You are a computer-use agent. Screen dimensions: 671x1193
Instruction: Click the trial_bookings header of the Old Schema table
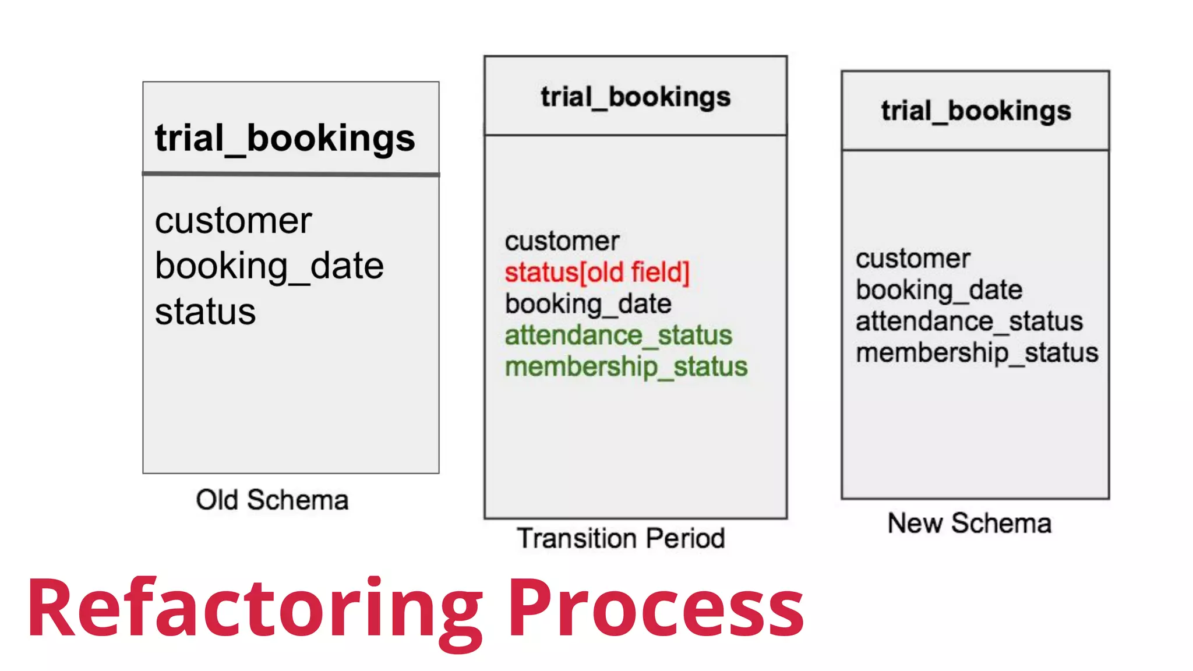(x=285, y=139)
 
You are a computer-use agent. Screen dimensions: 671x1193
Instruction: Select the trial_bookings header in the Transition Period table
(x=636, y=97)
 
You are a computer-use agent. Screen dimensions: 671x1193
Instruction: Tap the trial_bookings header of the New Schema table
(x=976, y=111)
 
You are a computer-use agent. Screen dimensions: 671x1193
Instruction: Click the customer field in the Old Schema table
(x=234, y=221)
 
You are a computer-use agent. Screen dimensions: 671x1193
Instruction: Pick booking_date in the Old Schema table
(x=269, y=266)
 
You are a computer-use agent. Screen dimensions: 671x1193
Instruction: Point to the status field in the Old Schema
(x=205, y=312)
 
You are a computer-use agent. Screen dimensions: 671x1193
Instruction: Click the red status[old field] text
(x=597, y=272)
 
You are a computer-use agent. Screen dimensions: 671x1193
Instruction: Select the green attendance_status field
(x=618, y=335)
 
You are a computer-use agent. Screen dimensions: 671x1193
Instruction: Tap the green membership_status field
(x=626, y=366)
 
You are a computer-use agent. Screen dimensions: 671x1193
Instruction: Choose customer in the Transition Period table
(x=562, y=241)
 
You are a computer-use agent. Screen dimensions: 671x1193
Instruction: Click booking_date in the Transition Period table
(x=588, y=303)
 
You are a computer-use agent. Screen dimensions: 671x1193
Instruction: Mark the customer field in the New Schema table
(x=913, y=259)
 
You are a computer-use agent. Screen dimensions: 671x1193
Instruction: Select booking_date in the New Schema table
(x=939, y=289)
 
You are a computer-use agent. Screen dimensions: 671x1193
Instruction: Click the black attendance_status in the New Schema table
(x=969, y=321)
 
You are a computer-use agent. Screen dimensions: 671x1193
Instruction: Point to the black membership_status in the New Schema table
(x=977, y=352)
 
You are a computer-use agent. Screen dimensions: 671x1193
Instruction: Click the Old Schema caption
(x=272, y=500)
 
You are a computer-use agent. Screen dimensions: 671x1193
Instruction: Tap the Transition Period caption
(x=621, y=538)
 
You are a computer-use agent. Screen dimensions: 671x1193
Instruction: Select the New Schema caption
(x=969, y=522)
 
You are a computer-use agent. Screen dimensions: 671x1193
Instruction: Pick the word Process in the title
(x=656, y=609)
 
